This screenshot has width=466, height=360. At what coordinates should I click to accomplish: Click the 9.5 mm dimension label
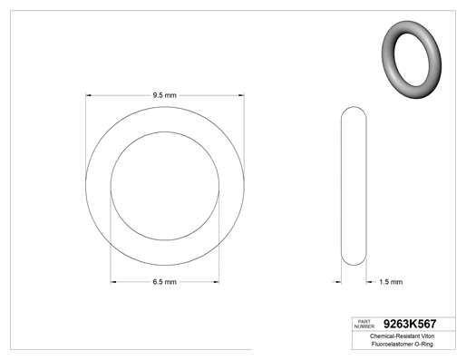164,95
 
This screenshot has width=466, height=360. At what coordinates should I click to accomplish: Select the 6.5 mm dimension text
164,282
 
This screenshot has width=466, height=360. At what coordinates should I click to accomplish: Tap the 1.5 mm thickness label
391,282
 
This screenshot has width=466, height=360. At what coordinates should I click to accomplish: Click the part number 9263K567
410,324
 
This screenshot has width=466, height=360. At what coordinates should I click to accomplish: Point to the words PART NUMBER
364,324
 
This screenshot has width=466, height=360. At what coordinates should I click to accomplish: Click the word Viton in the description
428,336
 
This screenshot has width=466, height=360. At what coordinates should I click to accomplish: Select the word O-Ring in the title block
424,344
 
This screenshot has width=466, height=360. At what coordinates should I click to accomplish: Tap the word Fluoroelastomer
393,344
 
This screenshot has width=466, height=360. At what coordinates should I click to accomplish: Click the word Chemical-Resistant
394,336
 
